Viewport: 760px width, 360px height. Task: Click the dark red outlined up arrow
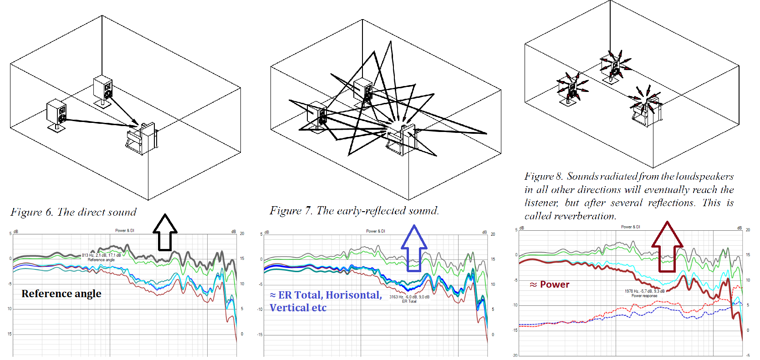(667, 246)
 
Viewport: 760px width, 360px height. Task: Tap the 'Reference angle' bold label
(61, 294)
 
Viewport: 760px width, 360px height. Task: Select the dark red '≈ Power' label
(550, 284)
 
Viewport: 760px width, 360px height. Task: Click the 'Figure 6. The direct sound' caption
(73, 212)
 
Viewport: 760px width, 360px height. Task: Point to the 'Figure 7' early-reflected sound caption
(354, 211)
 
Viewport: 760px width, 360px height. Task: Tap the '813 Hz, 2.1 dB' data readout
(101, 255)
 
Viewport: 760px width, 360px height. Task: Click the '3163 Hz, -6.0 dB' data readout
(409, 297)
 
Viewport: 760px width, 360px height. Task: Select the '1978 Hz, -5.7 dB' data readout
(644, 291)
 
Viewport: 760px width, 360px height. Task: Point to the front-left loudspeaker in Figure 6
(57, 114)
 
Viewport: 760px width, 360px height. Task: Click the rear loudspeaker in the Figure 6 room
(103, 89)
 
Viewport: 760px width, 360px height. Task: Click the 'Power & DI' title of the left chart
(124, 231)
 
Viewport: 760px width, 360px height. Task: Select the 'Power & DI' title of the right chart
(630, 227)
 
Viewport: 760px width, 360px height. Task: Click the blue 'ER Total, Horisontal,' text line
(326, 295)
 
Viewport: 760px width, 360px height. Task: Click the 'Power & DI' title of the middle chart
(375, 231)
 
